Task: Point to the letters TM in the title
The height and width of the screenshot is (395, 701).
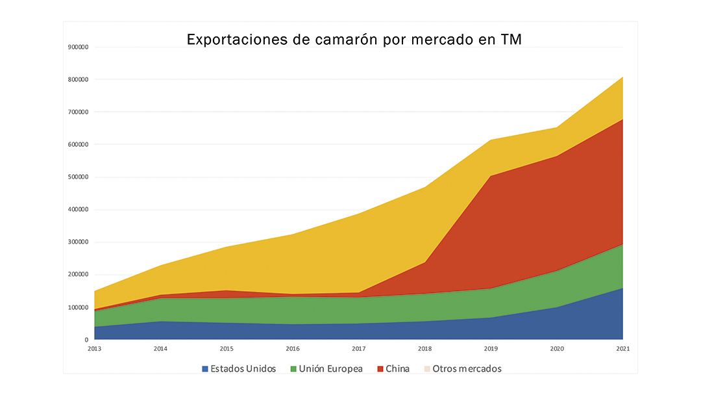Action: click(511, 40)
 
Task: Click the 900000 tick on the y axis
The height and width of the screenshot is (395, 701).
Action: click(78, 47)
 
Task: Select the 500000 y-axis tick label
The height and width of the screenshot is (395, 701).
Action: click(78, 177)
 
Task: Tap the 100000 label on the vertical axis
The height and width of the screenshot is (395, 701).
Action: click(78, 307)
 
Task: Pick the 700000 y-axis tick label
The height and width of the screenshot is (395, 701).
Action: click(78, 112)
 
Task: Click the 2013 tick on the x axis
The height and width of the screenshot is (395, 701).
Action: click(94, 349)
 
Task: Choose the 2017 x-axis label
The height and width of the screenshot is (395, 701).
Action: click(358, 349)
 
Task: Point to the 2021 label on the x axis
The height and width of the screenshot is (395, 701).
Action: click(623, 349)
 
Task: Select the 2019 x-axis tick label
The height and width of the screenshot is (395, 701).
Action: click(491, 349)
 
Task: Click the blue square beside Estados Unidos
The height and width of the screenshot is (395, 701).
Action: click(205, 369)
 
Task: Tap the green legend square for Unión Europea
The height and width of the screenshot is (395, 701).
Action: click(293, 369)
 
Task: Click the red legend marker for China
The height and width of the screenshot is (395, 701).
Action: click(380, 369)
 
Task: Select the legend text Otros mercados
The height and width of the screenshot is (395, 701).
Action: click(467, 369)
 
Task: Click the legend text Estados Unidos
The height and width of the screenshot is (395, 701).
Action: click(243, 369)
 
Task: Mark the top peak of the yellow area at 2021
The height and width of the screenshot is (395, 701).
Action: click(622, 77)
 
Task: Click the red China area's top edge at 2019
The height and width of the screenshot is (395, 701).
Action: click(491, 176)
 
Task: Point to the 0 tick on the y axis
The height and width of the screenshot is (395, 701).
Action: click(86, 340)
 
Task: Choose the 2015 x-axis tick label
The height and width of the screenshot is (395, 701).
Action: click(227, 349)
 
